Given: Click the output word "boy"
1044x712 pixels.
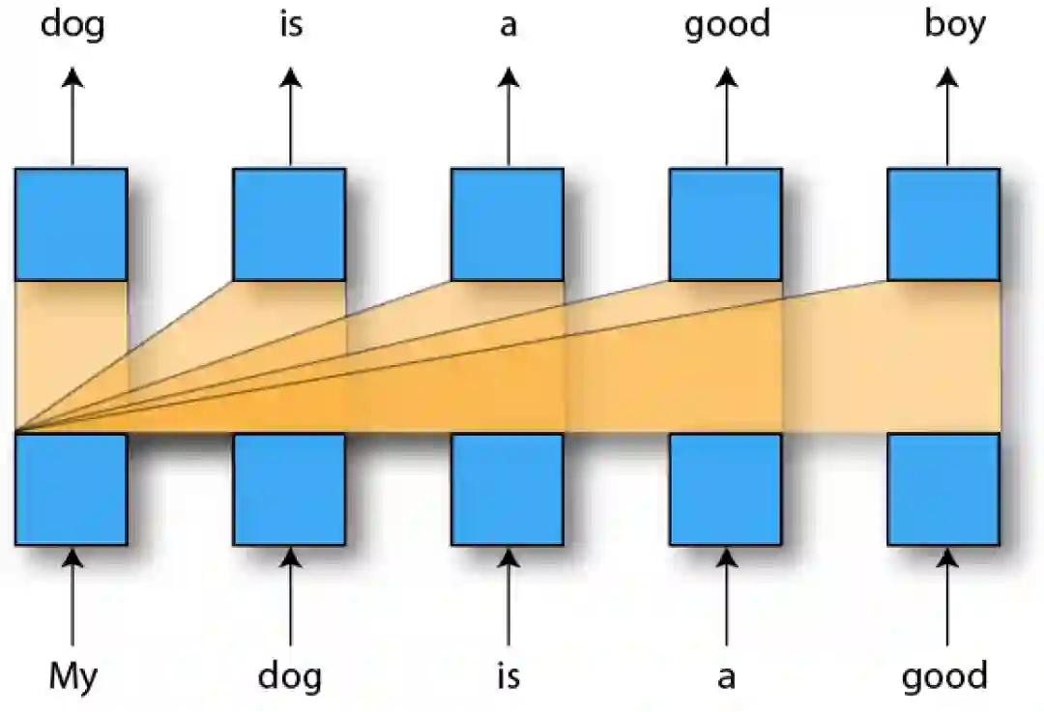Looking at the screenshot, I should point(954,24).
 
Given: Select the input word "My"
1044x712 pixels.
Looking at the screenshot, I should point(72,676).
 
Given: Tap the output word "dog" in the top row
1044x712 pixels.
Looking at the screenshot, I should point(72,25).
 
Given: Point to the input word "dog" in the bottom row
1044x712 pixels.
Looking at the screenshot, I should point(290,677).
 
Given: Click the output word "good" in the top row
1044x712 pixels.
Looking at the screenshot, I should point(727,25).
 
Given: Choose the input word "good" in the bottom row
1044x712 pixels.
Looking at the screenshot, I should point(944,677).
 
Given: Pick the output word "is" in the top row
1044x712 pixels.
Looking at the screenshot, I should point(290,24).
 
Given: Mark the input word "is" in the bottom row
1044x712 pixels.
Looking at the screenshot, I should point(507,676).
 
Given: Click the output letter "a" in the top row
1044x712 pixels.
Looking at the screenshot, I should point(508,26).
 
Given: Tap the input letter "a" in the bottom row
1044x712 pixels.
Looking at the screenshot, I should point(726,678).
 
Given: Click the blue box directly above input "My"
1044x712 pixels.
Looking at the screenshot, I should point(71,489).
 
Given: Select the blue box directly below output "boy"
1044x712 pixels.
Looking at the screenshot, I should point(943,224).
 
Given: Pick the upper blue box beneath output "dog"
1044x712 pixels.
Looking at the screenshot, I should point(71,224).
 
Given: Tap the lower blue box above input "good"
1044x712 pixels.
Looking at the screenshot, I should point(943,489).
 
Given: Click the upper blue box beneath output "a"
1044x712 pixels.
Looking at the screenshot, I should point(507,224).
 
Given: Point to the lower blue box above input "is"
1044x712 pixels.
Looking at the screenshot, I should point(507,489).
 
